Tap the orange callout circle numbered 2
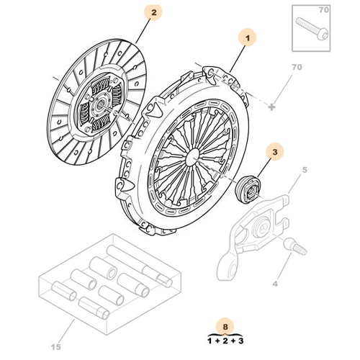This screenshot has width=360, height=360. coord(153,12)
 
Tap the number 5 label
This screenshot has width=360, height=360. coord(305,170)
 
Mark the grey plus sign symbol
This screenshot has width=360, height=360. coord(272,107)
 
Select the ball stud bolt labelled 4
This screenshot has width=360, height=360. coord(295,248)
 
